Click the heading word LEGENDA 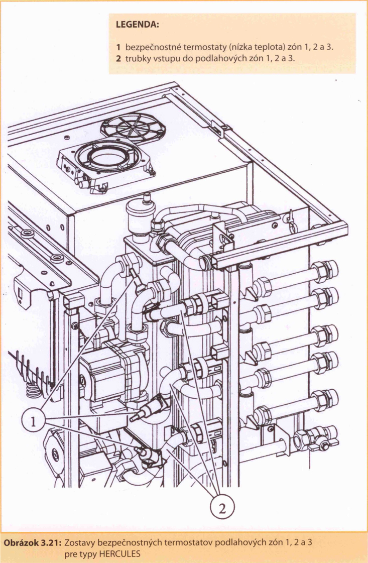[138, 25]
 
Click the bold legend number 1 [118, 47]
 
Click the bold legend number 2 [118, 58]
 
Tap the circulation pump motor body [108, 374]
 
